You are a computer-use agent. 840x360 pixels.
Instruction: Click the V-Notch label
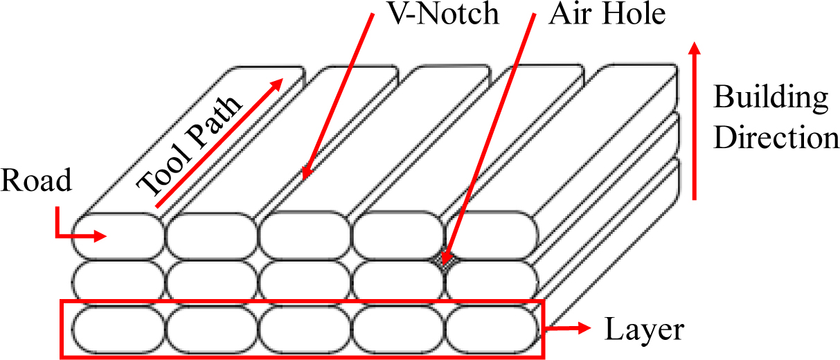[443, 14]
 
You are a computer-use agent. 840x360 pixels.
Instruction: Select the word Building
[771, 98]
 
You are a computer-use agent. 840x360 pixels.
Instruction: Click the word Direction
[776, 138]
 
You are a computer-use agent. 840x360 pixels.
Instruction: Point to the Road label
[36, 181]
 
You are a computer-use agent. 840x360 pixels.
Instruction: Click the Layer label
[645, 330]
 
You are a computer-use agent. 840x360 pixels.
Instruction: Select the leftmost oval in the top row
[117, 235]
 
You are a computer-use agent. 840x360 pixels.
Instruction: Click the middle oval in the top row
[305, 235]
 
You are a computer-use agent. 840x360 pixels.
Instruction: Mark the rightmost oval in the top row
[492, 235]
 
